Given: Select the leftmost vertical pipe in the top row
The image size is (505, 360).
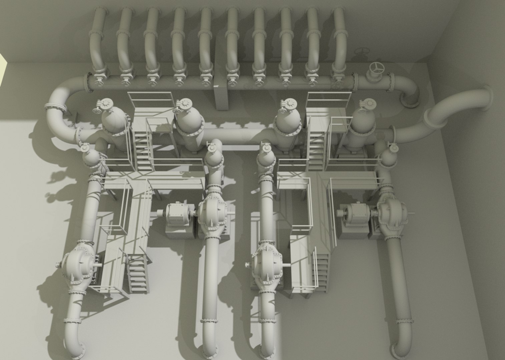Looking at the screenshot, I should (97, 37).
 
